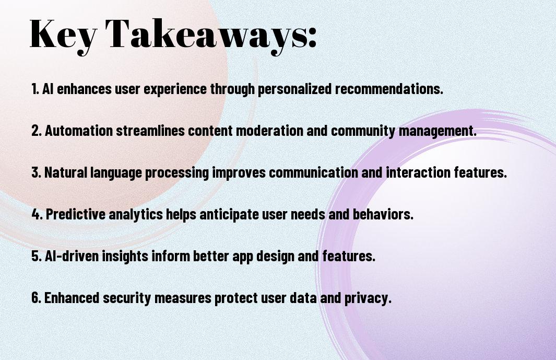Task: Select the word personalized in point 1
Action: click(294, 89)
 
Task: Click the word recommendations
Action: click(389, 89)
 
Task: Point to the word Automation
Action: click(79, 130)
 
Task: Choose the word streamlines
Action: click(150, 130)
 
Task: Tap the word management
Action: click(437, 131)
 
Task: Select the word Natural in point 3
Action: click(66, 172)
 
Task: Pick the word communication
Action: click(313, 172)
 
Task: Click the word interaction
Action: click(418, 172)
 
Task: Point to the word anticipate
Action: click(229, 215)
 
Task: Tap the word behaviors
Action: click(383, 214)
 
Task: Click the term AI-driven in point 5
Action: click(72, 256)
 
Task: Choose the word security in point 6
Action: click(127, 298)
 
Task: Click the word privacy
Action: click(368, 298)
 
